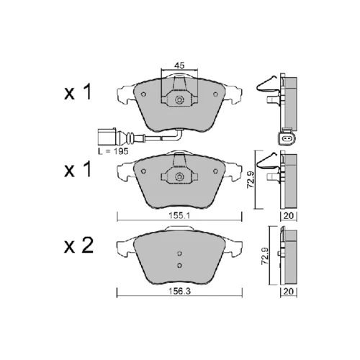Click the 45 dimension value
tap(179, 65)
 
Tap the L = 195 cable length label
tap(113, 151)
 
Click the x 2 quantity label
tap(78, 246)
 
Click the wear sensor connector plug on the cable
tap(107, 136)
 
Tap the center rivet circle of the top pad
tap(179, 100)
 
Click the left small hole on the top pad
tap(143, 94)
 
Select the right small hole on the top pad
tap(215, 94)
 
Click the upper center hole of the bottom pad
tap(179, 253)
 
